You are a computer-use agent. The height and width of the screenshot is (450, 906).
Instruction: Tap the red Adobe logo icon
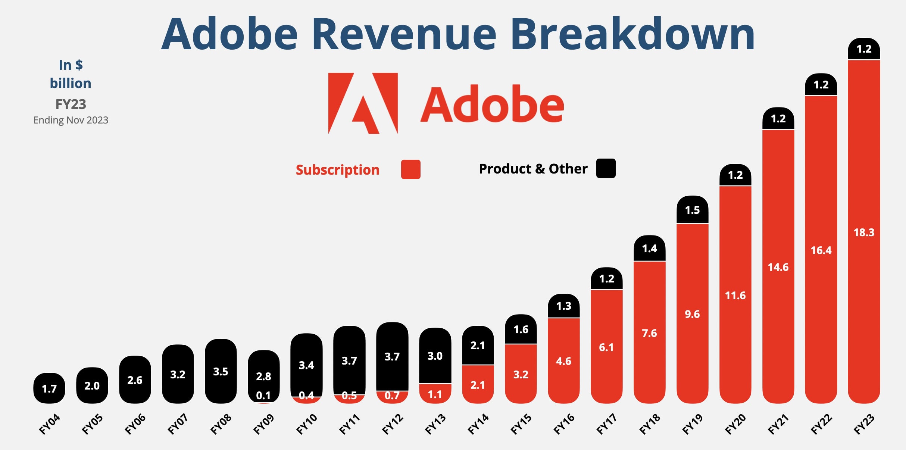363,103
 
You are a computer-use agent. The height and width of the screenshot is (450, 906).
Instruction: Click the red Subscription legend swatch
410,169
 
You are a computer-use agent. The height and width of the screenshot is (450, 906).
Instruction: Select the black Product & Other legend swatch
606,168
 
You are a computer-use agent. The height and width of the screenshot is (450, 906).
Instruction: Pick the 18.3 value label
864,232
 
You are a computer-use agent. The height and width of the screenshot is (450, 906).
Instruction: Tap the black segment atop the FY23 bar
864,49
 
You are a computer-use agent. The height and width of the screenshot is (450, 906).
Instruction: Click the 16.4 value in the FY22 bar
821,250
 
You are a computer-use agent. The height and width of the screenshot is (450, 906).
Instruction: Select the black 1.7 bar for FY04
49,388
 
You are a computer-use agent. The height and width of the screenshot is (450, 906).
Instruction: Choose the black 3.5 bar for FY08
221,371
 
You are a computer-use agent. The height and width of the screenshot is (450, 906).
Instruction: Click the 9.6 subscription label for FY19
692,314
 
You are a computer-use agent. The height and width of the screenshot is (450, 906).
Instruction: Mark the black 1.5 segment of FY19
692,210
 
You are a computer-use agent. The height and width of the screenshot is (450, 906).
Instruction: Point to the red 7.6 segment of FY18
649,333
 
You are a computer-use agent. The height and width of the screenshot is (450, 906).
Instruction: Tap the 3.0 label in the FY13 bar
435,356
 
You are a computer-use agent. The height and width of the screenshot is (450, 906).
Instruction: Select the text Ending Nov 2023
71,120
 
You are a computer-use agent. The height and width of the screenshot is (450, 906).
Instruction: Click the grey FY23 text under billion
71,104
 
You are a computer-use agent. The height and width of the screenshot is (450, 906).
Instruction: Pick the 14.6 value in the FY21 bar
778,267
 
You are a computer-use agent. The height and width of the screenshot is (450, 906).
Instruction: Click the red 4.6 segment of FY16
563,361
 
